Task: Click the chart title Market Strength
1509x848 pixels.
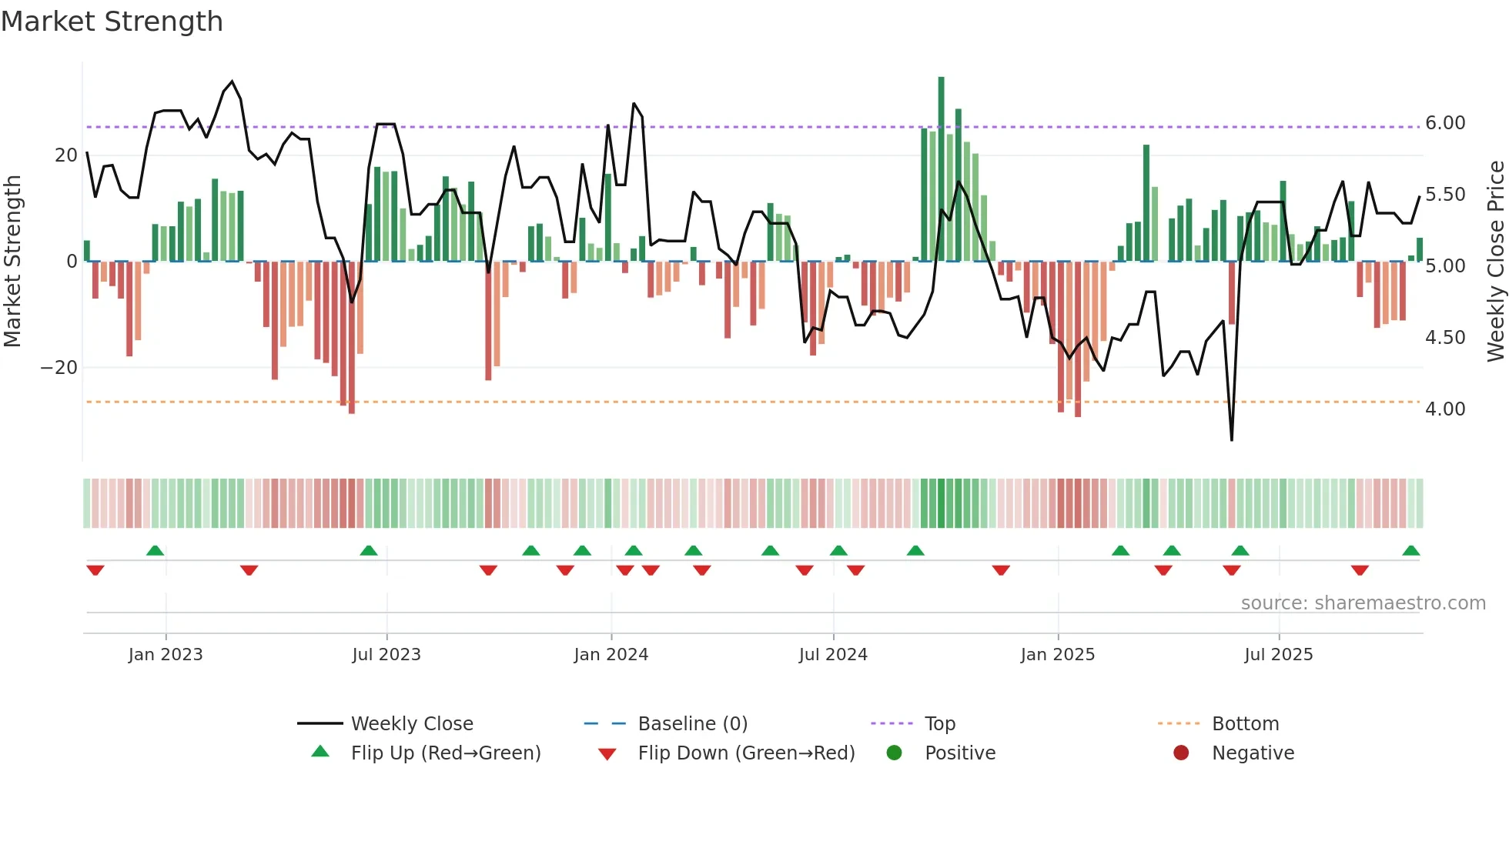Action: [x=112, y=22]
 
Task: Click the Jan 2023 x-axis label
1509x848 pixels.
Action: [x=166, y=654]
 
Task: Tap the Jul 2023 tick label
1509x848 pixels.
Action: [x=386, y=654]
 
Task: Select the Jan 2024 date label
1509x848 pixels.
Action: [x=611, y=654]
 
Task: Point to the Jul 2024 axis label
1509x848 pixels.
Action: [x=833, y=654]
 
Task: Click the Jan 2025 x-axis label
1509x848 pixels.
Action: [x=1058, y=654]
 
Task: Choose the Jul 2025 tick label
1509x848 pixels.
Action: [x=1279, y=654]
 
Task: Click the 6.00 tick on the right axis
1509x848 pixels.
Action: [x=1445, y=123]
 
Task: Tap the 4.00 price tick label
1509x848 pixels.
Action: [x=1445, y=409]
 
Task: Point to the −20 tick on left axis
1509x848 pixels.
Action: [x=59, y=368]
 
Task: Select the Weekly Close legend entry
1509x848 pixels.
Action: [x=412, y=724]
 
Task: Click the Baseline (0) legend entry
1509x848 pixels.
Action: [x=692, y=724]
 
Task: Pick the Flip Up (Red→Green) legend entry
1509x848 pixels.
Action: [x=445, y=753]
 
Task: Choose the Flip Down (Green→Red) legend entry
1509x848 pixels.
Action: [x=746, y=753]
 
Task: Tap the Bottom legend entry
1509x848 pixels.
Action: [x=1245, y=724]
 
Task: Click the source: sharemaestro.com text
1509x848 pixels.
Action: [x=1363, y=603]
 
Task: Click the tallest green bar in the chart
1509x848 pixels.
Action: [x=941, y=169]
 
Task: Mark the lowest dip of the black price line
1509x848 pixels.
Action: [x=1232, y=439]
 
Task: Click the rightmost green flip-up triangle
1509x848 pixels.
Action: [x=1411, y=551]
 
